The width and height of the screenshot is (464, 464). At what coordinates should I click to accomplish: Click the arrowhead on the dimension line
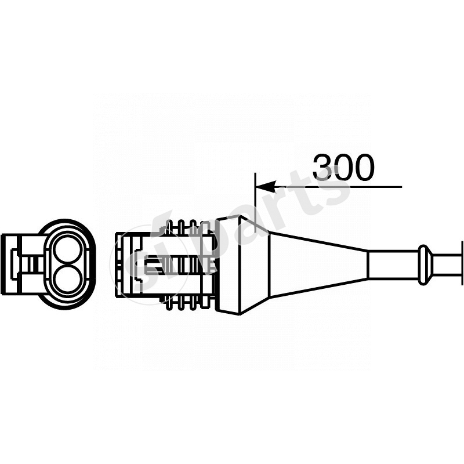coord(264,187)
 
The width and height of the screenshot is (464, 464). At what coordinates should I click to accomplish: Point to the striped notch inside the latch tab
coord(34,264)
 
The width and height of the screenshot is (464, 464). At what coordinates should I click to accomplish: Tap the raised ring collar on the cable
coord(425,264)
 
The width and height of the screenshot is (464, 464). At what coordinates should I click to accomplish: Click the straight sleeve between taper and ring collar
coord(393,264)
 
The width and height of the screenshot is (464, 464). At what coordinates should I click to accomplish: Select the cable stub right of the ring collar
coord(446,264)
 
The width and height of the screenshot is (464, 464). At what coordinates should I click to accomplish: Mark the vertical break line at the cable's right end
coord(462,264)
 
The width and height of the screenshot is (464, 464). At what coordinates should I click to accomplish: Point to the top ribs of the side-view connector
coord(186,226)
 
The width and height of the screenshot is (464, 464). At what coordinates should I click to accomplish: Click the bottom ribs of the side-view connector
coord(186,303)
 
